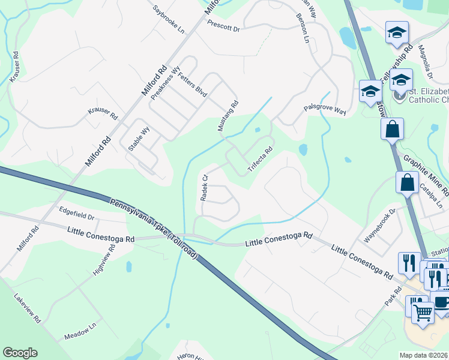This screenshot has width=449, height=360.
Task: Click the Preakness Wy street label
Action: click(x=165, y=83)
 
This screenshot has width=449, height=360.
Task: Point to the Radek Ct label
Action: click(x=203, y=187)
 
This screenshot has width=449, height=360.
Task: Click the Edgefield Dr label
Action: click(x=77, y=213)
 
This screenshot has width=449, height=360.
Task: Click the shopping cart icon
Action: click(x=423, y=311)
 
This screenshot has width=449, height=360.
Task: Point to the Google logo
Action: click(x=20, y=353)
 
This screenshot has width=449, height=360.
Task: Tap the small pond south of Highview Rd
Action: click(x=129, y=266)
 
